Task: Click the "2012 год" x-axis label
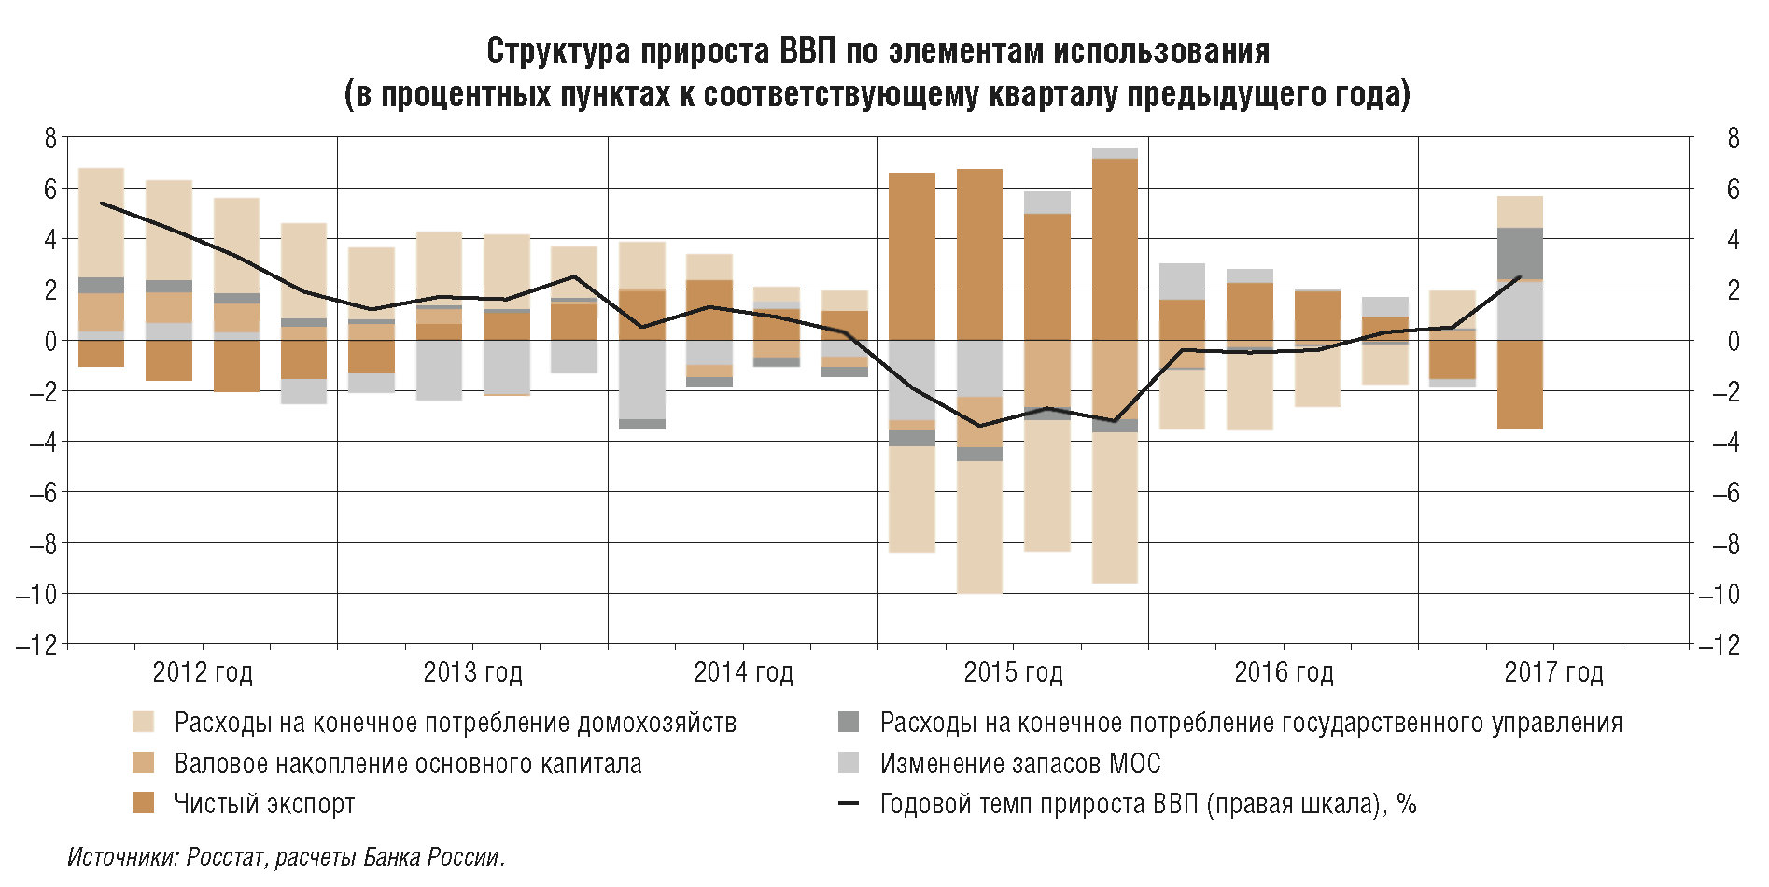(203, 672)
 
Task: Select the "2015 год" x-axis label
(1013, 672)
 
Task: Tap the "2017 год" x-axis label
(1553, 672)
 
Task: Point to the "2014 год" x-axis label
(743, 672)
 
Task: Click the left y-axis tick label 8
(50, 138)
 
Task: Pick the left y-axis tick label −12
(37, 644)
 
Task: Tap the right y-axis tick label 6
(1734, 190)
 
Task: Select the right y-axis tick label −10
(1720, 594)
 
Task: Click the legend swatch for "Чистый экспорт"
(143, 803)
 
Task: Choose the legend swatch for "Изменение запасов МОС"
(849, 763)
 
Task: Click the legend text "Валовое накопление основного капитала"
(408, 764)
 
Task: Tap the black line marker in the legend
(849, 803)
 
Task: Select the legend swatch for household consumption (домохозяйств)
(143, 722)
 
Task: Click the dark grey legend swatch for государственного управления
(849, 722)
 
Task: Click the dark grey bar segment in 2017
(1520, 253)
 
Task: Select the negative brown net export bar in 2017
(1520, 385)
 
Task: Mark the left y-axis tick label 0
(50, 341)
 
